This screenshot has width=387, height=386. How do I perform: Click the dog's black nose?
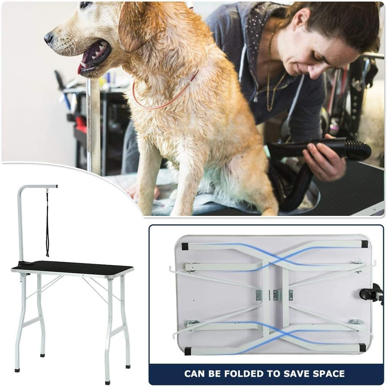point(49,37)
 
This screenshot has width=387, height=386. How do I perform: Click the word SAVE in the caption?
point(294,373)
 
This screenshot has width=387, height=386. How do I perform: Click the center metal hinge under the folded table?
point(278,295)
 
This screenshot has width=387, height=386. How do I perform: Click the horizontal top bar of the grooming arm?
point(38,187)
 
